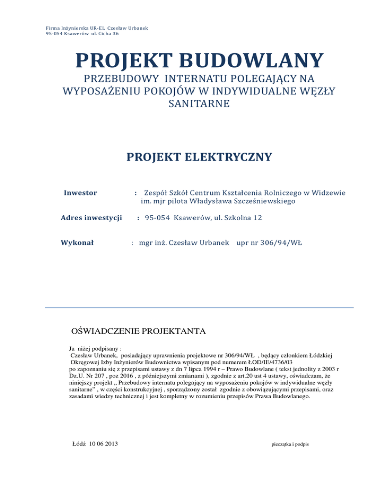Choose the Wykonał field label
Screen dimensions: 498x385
click(79, 243)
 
